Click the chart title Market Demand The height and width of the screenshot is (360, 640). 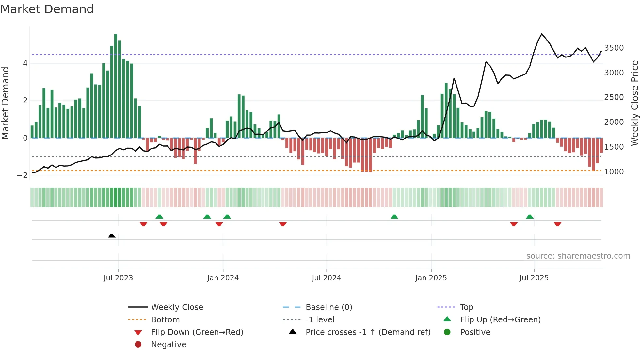(47, 9)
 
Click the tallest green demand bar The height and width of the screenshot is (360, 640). (116, 86)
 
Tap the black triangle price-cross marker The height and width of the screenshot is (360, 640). (112, 236)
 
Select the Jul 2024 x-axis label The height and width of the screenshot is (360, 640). (326, 278)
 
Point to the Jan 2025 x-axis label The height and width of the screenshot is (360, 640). (431, 278)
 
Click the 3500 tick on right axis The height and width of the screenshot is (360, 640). (614, 48)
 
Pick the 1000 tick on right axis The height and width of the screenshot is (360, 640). (614, 172)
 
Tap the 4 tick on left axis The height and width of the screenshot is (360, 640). (25, 63)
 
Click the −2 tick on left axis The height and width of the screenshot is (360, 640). (22, 175)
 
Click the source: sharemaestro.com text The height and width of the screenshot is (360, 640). (578, 256)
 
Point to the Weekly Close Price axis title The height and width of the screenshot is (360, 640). (634, 103)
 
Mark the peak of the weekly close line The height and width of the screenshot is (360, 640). (542, 34)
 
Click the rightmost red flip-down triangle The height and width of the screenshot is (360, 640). (557, 224)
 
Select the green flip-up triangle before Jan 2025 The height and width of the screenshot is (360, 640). (394, 217)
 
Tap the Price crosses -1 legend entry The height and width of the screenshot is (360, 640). (368, 332)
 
